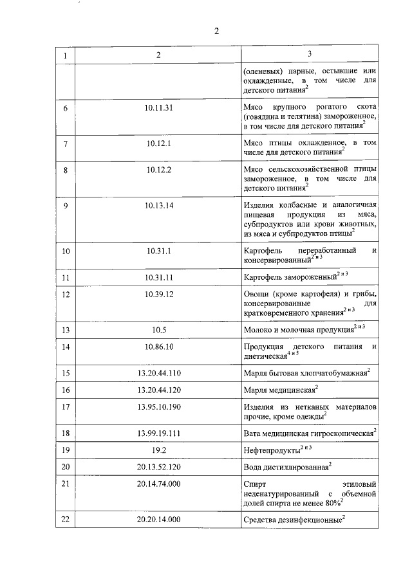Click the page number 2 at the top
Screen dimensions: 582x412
tap(217, 32)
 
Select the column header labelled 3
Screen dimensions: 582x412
tap(310, 55)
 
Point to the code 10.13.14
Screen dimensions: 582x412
tap(159, 205)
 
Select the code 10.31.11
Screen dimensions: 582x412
tap(159, 277)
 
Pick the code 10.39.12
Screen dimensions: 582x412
tap(159, 295)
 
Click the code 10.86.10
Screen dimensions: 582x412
tap(159, 347)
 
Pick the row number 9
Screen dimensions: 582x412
tap(65, 205)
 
